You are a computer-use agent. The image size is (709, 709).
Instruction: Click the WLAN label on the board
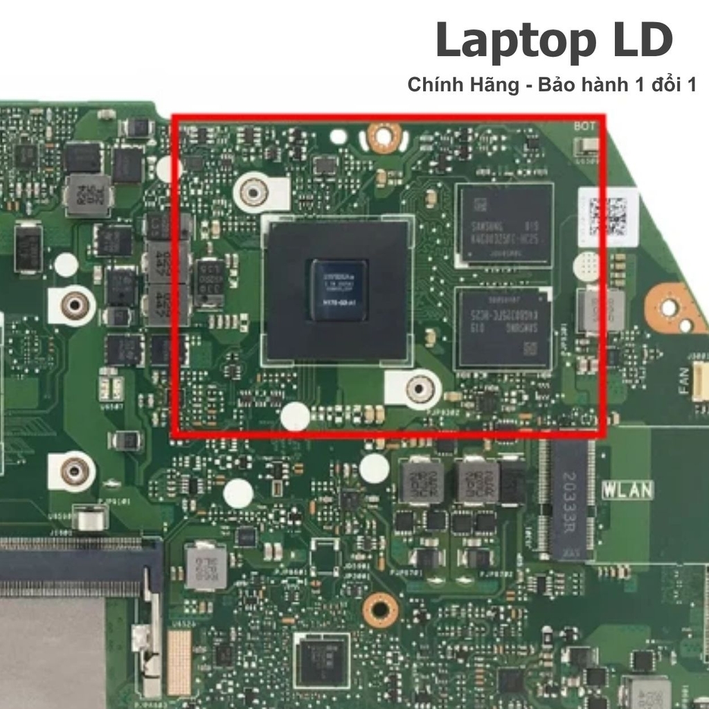point(627,490)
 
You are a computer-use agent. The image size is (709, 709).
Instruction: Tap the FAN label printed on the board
point(685,381)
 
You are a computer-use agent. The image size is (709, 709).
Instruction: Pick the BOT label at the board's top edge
point(585,127)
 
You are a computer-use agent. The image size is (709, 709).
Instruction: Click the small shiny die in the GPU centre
point(338,289)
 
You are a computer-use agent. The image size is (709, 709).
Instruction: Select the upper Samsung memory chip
point(505,225)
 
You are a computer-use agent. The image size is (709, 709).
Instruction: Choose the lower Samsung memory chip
point(503,328)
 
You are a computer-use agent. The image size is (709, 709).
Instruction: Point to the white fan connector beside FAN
point(701,381)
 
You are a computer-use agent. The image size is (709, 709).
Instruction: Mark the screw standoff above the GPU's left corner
point(254,192)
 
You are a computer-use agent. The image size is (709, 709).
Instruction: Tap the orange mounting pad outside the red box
point(670,307)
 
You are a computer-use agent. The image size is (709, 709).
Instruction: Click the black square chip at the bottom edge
point(322,661)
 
